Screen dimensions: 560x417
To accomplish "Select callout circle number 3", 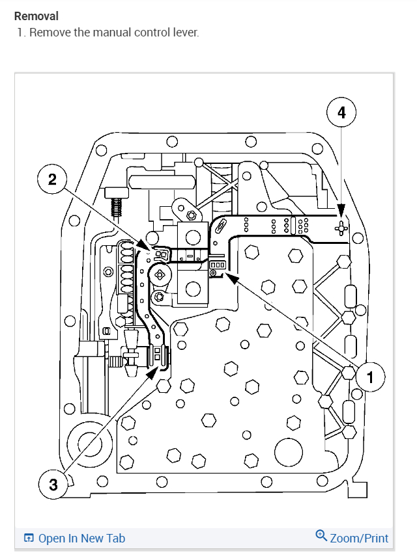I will coord(53,484).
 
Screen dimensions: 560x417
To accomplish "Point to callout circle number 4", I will coord(341,113).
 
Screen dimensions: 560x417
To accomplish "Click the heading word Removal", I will coord(36,16).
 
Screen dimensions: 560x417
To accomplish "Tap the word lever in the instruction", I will coord(184,32).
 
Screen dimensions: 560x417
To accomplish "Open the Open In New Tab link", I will coord(81,538).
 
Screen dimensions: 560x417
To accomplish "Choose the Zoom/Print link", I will coord(359,538).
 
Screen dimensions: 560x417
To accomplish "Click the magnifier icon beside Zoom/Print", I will coord(321,536).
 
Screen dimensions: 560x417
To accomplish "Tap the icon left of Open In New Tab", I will coord(29,538).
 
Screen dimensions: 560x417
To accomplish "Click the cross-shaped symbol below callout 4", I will coord(339,227).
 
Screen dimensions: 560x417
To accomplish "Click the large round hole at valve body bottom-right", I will coord(287,451).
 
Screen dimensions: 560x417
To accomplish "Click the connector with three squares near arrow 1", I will coord(217,265).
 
